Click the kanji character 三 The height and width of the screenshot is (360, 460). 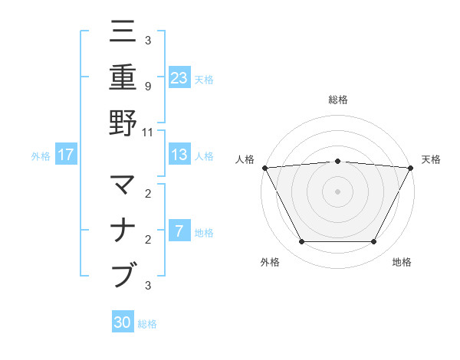123,32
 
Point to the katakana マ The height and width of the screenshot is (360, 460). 123,185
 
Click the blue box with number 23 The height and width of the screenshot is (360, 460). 179,78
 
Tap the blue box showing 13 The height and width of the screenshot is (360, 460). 179,155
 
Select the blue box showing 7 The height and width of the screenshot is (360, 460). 179,231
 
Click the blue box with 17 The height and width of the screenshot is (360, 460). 65,155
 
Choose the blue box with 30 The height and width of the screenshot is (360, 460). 123,322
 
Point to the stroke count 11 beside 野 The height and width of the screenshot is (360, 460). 147,131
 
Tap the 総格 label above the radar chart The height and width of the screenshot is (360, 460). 337,100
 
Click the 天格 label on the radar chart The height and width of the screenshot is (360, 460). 431,159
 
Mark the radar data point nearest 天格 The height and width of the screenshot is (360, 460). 410,168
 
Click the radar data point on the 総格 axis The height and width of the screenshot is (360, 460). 337,161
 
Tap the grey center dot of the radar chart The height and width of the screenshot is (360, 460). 337,191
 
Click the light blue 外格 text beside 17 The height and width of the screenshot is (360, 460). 41,155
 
